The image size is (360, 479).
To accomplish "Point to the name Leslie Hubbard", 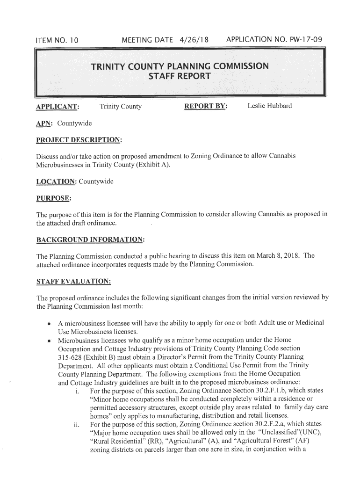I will [x=269, y=106].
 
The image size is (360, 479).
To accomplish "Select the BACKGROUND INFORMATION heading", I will [x=90, y=240].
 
